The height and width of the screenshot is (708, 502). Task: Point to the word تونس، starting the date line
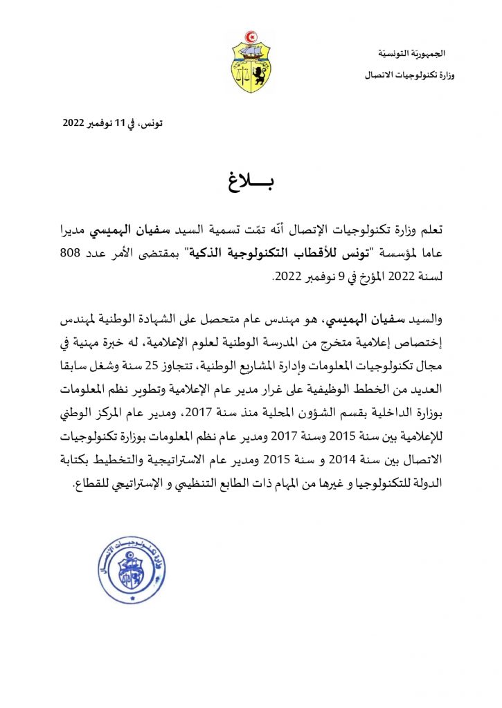pyautogui.click(x=152, y=124)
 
